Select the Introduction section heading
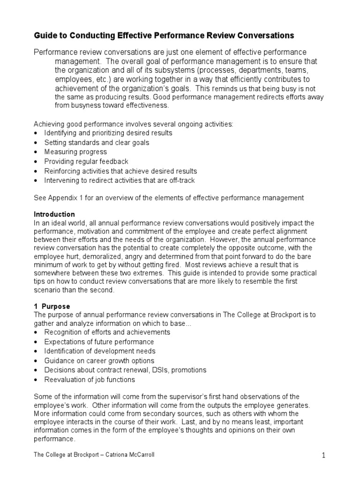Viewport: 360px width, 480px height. pos(54,214)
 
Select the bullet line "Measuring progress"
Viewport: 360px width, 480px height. pos(75,152)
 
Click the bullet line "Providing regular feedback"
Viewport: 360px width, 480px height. pos(86,161)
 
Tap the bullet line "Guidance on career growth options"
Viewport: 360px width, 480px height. pos(99,360)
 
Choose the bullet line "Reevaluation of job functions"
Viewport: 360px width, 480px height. pos(90,380)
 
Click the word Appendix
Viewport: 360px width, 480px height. pos(63,198)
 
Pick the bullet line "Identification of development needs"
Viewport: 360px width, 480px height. pos(100,351)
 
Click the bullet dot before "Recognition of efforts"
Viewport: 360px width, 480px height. pos(37,332)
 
